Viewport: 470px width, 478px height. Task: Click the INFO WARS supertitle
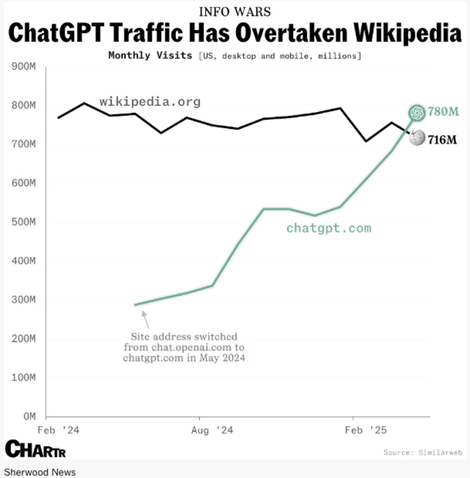click(x=234, y=11)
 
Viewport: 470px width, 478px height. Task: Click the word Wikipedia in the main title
click(x=394, y=33)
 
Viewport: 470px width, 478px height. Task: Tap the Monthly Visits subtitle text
click(x=150, y=56)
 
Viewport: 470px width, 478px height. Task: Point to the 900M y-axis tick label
click(x=25, y=66)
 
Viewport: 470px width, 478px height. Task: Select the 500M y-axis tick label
click(x=25, y=222)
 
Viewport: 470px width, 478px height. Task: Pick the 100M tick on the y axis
click(x=25, y=378)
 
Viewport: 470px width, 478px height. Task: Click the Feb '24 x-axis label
click(x=59, y=430)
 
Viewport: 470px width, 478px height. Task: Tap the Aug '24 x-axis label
click(x=213, y=430)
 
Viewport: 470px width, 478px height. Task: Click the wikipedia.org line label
click(x=150, y=102)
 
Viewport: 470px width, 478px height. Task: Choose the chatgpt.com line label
click(x=328, y=228)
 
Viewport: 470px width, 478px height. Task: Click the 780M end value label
click(x=443, y=112)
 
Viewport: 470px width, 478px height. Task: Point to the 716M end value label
click(x=443, y=140)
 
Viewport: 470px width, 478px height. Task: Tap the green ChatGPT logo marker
click(x=417, y=112)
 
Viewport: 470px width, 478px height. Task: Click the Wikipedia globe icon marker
click(x=417, y=138)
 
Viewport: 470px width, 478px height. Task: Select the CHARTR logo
click(x=35, y=449)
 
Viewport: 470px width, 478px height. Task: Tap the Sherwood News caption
click(x=39, y=472)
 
